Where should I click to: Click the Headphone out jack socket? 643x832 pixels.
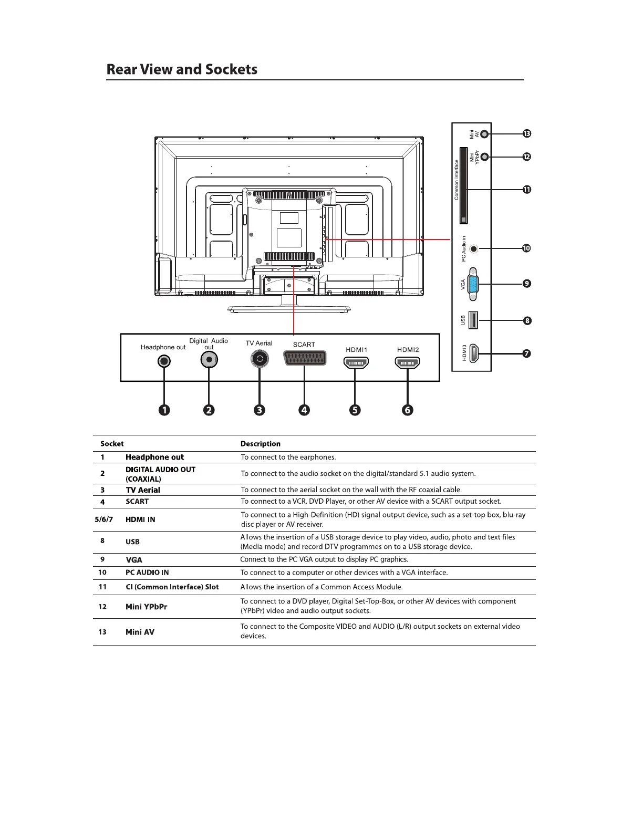(x=164, y=361)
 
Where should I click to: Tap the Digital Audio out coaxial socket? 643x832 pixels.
(x=209, y=360)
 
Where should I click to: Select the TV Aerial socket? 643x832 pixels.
(x=260, y=359)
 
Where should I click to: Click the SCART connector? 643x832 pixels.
(x=305, y=358)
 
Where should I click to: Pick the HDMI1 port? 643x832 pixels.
(x=356, y=362)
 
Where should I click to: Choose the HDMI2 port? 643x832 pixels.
(x=408, y=362)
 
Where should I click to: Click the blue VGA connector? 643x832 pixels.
(x=473, y=284)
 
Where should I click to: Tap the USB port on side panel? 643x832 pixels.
(x=473, y=320)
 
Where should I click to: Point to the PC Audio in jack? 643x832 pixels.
(x=474, y=248)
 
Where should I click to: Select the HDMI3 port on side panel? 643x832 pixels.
(x=473, y=353)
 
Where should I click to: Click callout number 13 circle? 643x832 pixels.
(x=526, y=133)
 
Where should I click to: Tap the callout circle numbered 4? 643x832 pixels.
(x=304, y=410)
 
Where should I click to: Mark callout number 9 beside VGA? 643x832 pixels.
(x=526, y=284)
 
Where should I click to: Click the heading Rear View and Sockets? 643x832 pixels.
(x=182, y=69)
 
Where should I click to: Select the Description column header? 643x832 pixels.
(x=261, y=444)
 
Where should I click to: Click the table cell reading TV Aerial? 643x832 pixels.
(x=143, y=490)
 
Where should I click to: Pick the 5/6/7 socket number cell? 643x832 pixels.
(x=103, y=519)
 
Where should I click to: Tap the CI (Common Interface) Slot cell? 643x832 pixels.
(x=172, y=587)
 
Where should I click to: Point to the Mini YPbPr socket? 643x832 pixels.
(x=485, y=157)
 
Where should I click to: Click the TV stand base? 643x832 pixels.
(x=289, y=309)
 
